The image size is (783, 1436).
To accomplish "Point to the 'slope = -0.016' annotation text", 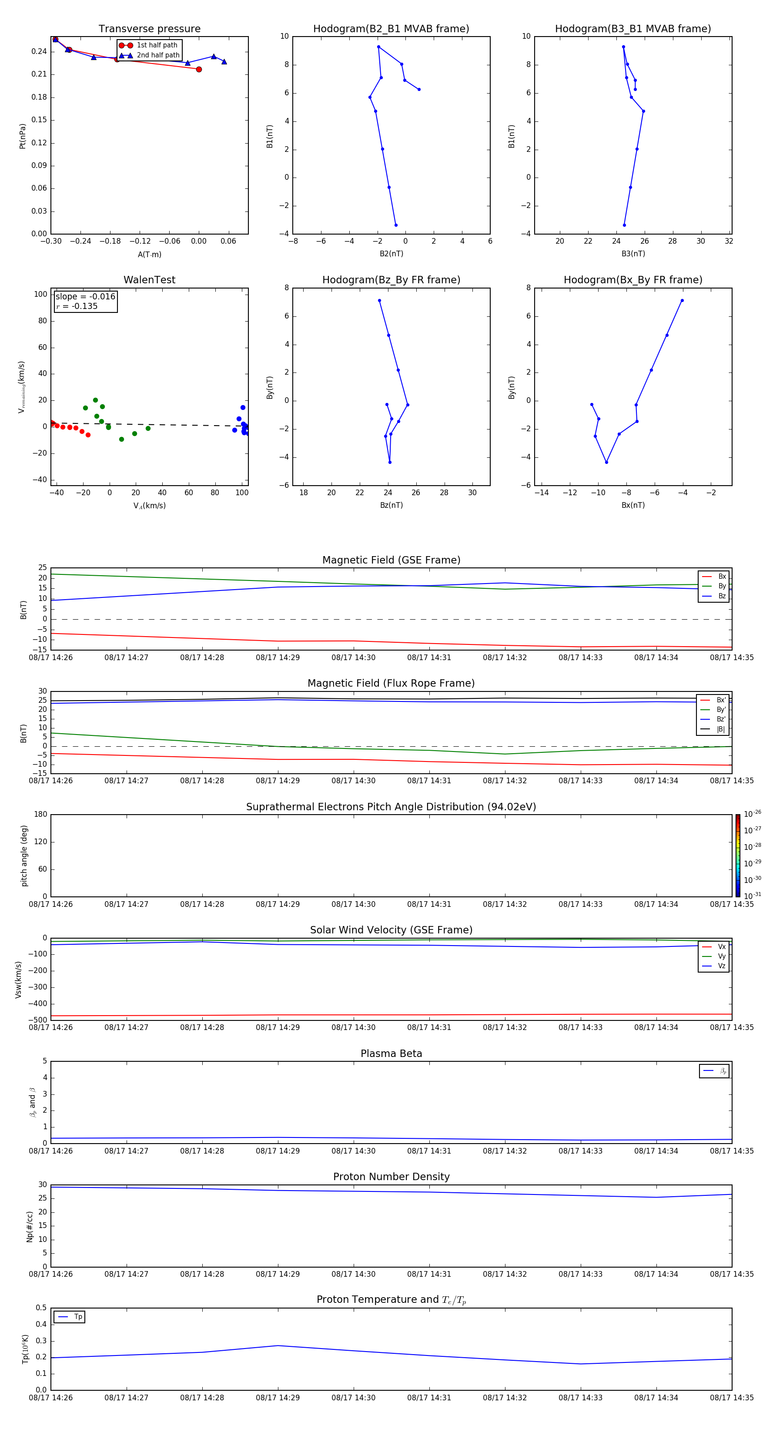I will click(x=85, y=297).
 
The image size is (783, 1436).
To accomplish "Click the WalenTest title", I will click(x=149, y=280).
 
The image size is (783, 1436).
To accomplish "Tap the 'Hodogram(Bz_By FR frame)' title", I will click(x=391, y=280).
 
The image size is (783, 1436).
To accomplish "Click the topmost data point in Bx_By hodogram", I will click(x=682, y=300).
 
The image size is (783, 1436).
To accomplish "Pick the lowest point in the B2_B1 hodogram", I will click(x=396, y=225).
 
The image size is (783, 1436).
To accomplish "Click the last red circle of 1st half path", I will click(x=199, y=69).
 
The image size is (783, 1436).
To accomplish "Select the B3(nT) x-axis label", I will click(x=633, y=254).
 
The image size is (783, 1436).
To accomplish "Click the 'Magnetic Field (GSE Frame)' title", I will click(x=391, y=560).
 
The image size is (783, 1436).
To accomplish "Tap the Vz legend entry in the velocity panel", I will click(x=721, y=966).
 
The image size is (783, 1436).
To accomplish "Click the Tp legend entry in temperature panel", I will click(x=77, y=1317).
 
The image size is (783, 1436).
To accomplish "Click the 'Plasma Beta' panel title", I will click(x=391, y=1054).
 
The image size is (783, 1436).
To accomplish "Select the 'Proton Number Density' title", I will click(x=391, y=1177).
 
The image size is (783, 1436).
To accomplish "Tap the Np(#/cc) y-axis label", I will click(x=30, y=1226).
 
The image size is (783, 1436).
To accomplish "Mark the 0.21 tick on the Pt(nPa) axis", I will click(x=39, y=74).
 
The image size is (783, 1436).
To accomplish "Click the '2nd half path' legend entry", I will click(x=158, y=55).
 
